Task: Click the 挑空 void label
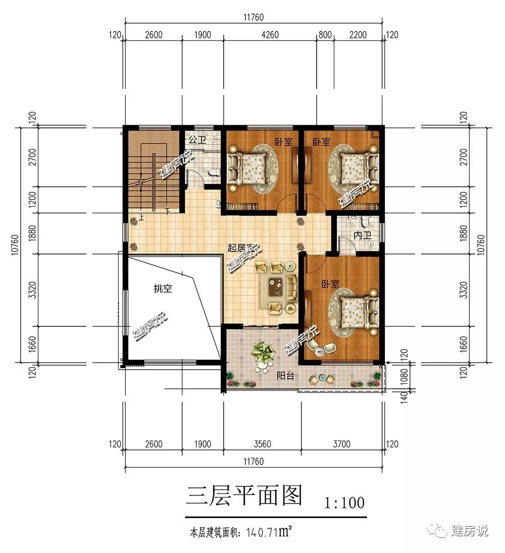click(x=163, y=288)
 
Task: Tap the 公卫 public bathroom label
click(x=197, y=140)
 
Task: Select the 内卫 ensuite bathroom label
click(x=363, y=235)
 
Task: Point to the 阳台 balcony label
click(x=285, y=376)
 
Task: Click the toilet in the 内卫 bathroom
click(x=365, y=222)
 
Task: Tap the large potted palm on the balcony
click(x=263, y=353)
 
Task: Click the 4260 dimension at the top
click(x=270, y=34)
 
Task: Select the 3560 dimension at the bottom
click(x=263, y=444)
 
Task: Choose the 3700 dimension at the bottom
click(x=342, y=444)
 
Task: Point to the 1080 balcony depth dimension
click(x=404, y=376)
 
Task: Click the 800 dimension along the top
click(x=325, y=34)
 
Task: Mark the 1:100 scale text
click(x=344, y=502)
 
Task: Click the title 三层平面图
click(x=244, y=495)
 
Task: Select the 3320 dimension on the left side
click(x=32, y=290)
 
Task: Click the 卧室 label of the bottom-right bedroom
click(x=330, y=283)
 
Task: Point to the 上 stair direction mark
click(x=141, y=217)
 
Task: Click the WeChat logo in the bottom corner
click(x=437, y=531)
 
